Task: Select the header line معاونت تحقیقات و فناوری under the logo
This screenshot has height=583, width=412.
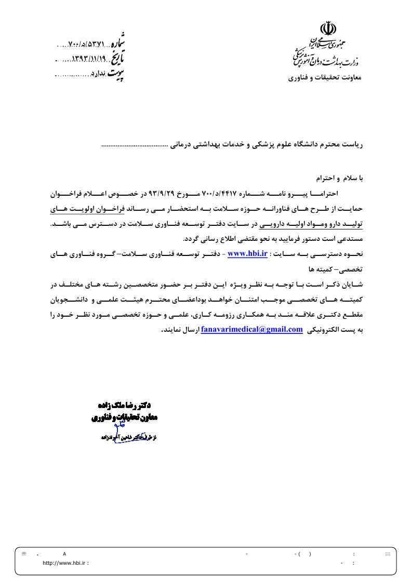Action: point(327,78)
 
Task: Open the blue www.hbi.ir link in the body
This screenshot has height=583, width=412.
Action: point(247,253)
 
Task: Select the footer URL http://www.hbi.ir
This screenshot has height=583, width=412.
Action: point(65,563)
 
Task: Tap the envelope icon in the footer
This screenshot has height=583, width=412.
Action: point(387,554)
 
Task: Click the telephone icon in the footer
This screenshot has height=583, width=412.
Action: point(24,554)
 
